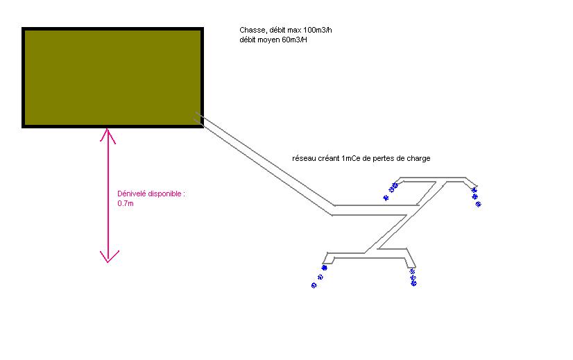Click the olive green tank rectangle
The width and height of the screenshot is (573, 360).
(112, 78)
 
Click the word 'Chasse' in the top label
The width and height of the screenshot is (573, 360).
(252, 31)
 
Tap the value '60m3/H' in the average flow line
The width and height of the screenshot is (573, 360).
(294, 40)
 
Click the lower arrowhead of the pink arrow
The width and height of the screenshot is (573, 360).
(108, 257)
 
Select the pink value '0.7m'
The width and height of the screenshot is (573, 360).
(126, 204)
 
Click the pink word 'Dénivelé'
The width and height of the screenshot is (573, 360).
(132, 194)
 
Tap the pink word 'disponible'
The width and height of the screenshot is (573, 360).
(166, 194)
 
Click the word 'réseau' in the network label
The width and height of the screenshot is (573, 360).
(305, 159)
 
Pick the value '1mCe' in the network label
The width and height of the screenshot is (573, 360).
(351, 159)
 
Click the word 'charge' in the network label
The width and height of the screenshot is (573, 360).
(418, 159)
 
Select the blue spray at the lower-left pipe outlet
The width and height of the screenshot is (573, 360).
(319, 277)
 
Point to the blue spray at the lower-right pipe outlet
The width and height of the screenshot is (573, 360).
(413, 277)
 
